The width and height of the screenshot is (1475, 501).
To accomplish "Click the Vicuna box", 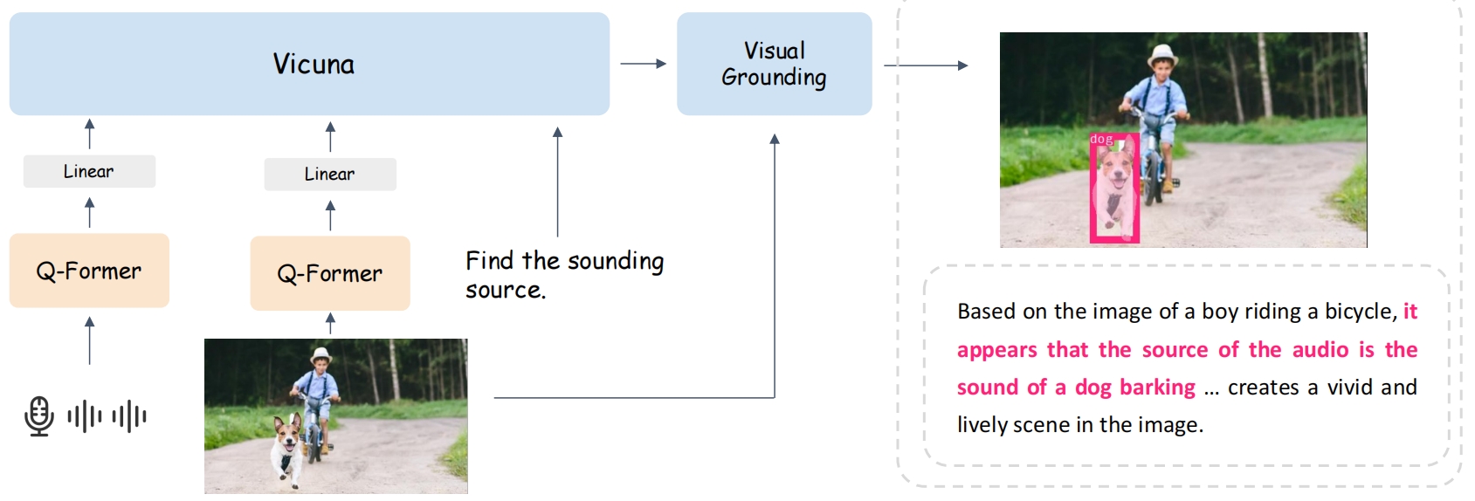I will pos(309,64).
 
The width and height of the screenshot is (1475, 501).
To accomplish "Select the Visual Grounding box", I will pos(774,64).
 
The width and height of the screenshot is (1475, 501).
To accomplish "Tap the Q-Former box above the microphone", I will pos(89,271).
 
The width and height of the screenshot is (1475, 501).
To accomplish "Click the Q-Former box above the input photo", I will pos(330,273).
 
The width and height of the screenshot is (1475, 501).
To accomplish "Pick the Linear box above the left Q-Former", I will pos(89,171).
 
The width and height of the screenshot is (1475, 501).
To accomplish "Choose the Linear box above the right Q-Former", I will pos(330,174).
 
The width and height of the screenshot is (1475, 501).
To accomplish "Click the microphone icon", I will pos(39,415).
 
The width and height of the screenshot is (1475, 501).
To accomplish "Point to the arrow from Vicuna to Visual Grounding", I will pos(643,64).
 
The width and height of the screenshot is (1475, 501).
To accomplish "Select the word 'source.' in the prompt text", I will pos(505,290).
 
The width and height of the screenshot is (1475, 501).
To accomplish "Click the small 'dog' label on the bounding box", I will pos(1101,139).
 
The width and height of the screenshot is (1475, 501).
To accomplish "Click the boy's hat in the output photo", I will pos(1162,53).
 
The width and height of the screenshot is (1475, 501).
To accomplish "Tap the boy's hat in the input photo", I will pos(321,355).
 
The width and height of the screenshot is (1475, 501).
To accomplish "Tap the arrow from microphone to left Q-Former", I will pos(89,340).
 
